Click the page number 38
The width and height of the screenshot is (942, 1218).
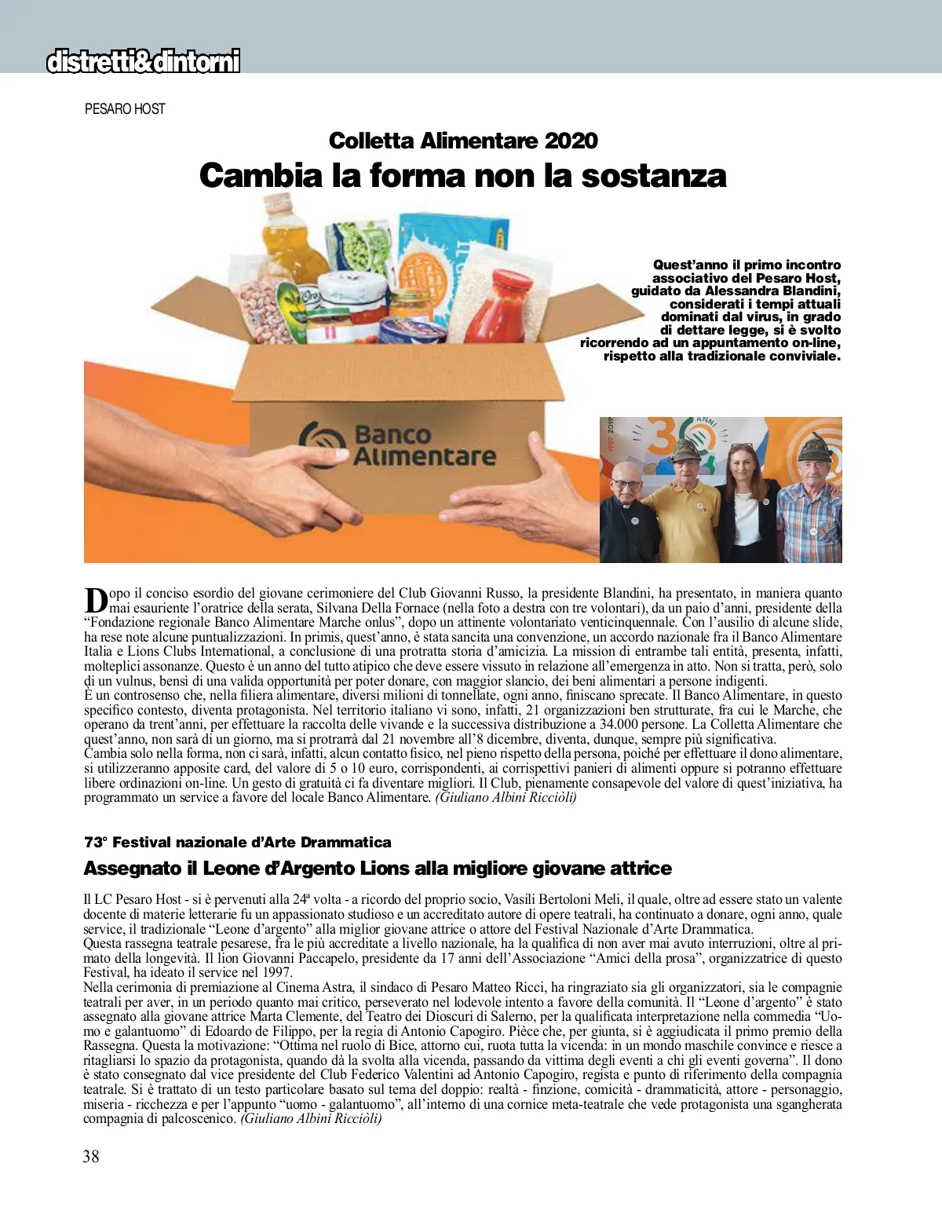coord(91,1155)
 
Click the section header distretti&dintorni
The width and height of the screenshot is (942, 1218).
coord(143,61)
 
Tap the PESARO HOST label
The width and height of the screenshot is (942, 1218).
coord(125,109)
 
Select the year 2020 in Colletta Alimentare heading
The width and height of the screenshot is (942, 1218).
coord(571,141)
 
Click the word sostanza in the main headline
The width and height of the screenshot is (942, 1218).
coord(654,175)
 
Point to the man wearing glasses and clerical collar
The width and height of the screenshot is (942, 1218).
coord(627,514)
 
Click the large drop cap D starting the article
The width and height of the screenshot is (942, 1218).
coord(95,600)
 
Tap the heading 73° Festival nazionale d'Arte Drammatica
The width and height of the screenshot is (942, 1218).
coord(237,843)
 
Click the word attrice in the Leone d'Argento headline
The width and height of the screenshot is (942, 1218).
coord(633,869)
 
